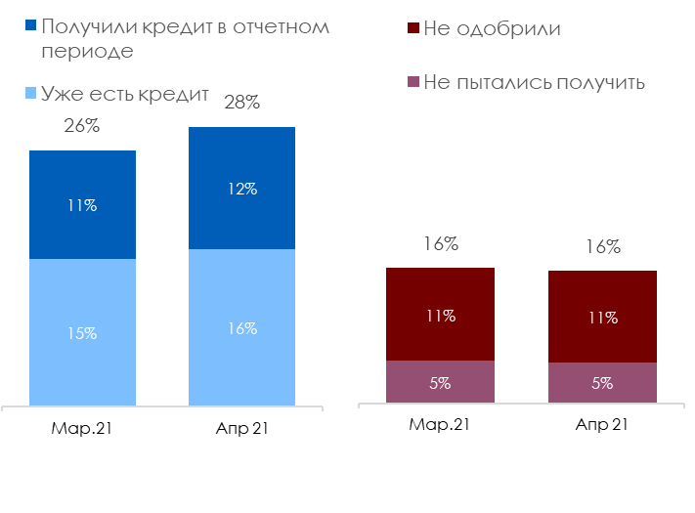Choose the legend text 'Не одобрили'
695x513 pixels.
point(493,28)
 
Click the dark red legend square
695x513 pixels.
point(413,28)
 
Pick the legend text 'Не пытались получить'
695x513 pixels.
point(535,81)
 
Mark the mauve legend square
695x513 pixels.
point(413,81)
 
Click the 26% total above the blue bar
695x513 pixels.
point(82,126)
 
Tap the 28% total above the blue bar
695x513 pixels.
point(241,102)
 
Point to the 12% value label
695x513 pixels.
point(241,189)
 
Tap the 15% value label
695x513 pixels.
point(82,333)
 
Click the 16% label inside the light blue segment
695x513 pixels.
point(241,329)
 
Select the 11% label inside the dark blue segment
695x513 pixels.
point(82,205)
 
